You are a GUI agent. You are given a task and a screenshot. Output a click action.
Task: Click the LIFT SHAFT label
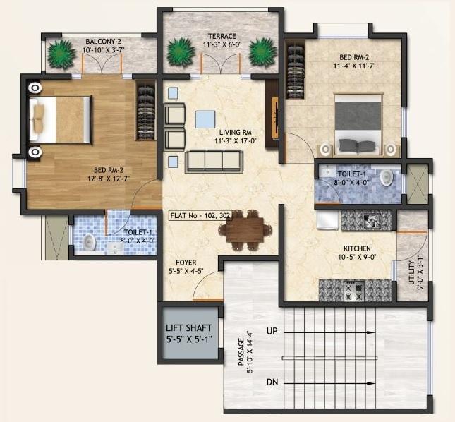189,328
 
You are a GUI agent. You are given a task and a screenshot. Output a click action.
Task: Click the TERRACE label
222,37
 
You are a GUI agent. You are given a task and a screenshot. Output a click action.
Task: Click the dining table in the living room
246,229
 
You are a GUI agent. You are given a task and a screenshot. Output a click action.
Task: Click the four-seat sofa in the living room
214,162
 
